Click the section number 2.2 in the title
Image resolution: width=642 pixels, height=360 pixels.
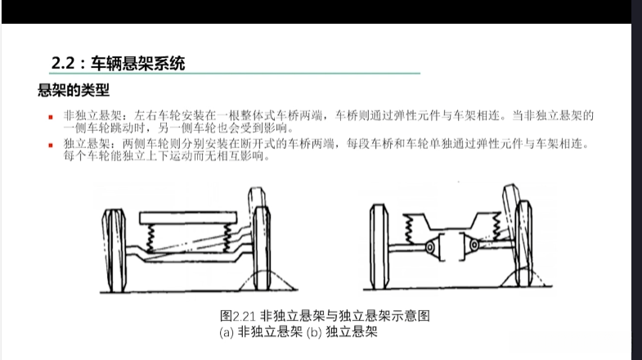(63, 63)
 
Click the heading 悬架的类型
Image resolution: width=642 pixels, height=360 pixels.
(74, 90)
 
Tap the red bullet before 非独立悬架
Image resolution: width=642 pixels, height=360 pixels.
(51, 117)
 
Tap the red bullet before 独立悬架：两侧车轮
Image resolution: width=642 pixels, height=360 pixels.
(51, 145)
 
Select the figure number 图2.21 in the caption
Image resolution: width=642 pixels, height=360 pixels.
(238, 316)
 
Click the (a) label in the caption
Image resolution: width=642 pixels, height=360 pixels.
(227, 331)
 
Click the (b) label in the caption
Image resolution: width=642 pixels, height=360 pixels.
(314, 331)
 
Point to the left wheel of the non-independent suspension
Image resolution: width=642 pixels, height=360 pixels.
(114, 250)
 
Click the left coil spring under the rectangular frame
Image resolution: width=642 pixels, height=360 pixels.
(150, 238)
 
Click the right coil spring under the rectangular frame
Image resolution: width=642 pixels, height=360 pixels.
(227, 238)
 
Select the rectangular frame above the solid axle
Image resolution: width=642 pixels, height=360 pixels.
(188, 218)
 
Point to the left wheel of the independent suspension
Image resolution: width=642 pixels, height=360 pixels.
(379, 246)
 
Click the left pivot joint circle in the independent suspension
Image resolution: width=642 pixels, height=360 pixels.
(430, 247)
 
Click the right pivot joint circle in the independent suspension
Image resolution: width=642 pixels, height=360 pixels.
(474, 245)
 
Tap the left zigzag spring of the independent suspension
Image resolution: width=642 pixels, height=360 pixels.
(408, 230)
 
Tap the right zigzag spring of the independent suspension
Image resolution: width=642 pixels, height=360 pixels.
(496, 227)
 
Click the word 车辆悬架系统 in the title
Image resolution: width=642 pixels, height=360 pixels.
(138, 64)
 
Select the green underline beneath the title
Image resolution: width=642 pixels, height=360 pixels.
(235, 74)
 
